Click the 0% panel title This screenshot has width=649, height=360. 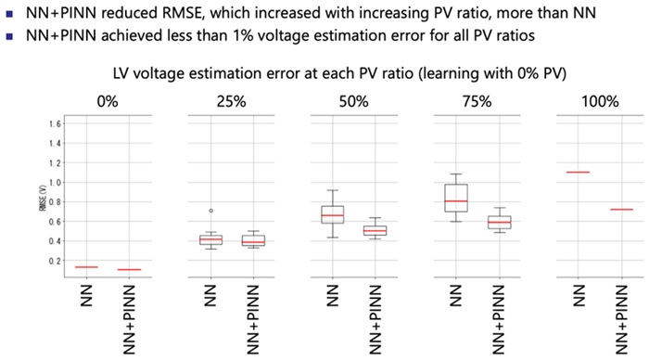pyautogui.click(x=108, y=101)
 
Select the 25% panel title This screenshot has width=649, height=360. pyautogui.click(x=231, y=101)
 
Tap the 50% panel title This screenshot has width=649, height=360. pyautogui.click(x=351, y=101)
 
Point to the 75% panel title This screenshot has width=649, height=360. pyautogui.click(x=473, y=101)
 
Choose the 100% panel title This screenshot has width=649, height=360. pyautogui.click(x=593, y=101)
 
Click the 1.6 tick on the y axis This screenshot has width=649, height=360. pyautogui.click(x=55, y=123)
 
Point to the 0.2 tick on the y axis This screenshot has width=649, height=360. pyautogui.click(x=55, y=261)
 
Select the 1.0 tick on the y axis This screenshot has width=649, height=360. pyautogui.click(x=55, y=182)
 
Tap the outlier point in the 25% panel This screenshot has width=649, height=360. pyautogui.click(x=210, y=212)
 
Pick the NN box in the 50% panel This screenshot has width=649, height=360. pyautogui.click(x=332, y=214)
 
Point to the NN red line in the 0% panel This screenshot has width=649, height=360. pyautogui.click(x=87, y=267)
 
